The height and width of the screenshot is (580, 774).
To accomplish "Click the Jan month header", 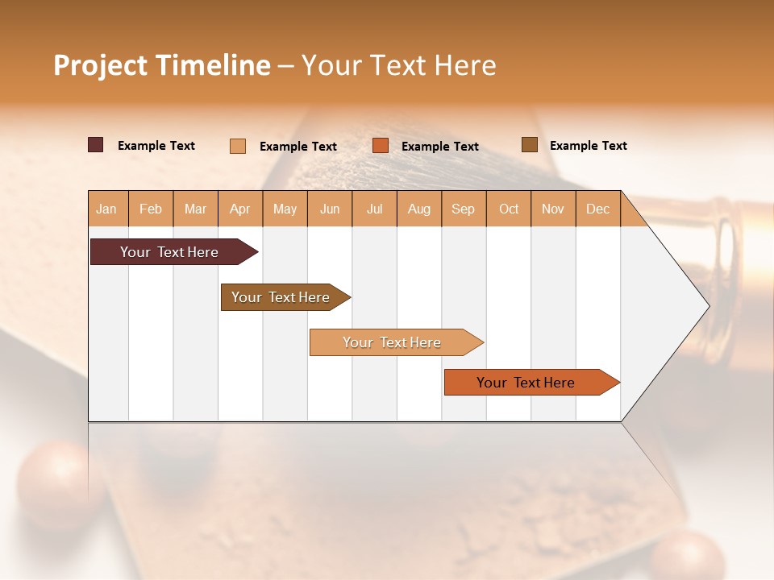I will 107,209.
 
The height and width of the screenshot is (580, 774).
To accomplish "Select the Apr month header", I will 240,209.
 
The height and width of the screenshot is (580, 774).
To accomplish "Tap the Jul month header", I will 374,209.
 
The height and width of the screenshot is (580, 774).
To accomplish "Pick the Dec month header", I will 597,209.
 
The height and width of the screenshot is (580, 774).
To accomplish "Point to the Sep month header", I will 464,209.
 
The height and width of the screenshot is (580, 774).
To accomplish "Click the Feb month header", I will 151,209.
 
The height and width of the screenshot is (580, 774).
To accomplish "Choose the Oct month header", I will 509,209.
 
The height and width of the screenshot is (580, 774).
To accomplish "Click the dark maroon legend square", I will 95,145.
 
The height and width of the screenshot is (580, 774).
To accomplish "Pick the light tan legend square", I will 237,146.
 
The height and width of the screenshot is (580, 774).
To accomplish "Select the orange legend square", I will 381,146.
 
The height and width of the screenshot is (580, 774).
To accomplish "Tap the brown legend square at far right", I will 529,145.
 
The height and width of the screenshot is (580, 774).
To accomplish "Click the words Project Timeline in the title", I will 161,65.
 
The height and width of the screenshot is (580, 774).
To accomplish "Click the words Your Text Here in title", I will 399,65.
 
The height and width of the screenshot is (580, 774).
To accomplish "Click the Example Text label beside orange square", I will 440,147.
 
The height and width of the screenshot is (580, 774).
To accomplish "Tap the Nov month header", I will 553,209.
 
